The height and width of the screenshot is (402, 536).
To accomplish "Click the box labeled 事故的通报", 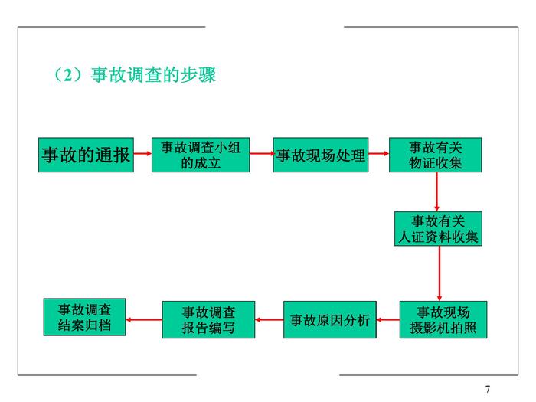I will point(85,155).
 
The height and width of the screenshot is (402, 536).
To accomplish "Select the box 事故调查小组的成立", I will point(201,155).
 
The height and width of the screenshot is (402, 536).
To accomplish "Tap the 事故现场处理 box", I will point(320,155).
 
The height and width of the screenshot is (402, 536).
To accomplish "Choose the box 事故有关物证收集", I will point(435,155).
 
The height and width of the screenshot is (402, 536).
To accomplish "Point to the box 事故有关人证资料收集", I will point(438,228).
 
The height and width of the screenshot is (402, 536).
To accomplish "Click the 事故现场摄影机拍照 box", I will point(443,319).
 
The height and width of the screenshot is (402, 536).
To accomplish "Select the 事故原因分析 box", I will point(330,320).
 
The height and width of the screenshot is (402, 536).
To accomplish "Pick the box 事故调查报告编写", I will point(208,320).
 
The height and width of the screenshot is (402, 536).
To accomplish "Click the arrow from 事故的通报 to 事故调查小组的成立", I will point(142,154).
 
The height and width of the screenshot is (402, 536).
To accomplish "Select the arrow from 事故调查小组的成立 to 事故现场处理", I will point(261,154).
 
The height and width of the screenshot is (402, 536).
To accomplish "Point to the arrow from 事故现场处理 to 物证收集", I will point(377,154).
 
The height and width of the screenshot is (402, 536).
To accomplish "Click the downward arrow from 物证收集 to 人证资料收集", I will point(436,191).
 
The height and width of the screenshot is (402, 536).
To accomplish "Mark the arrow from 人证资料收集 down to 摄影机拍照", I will point(440,273).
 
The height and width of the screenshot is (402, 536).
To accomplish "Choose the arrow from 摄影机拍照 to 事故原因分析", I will point(388,320).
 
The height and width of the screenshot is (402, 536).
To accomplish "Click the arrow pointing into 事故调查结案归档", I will point(143,319).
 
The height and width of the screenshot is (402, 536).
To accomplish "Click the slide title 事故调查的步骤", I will point(152,76).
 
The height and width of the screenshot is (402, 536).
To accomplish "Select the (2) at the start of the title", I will point(68,76).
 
